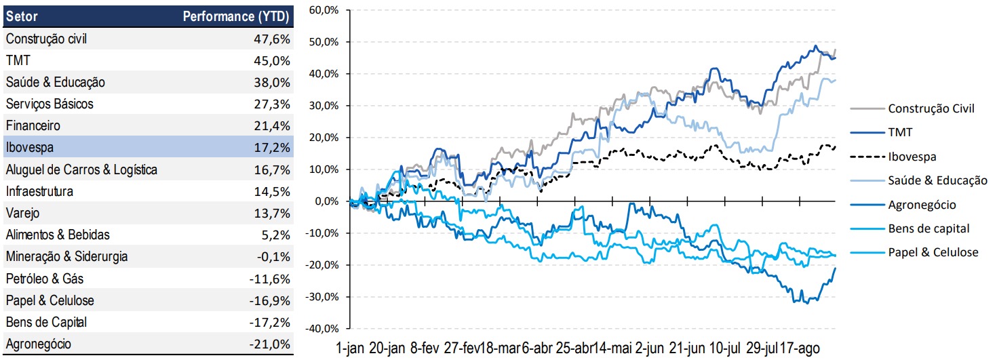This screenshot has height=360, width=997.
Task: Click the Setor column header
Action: [22, 16]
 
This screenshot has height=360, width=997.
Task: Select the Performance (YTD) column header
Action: [237, 16]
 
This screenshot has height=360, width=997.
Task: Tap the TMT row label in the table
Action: [16, 60]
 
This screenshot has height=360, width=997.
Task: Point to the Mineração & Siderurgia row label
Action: [66, 256]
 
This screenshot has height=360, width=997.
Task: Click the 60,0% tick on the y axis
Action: [324, 10]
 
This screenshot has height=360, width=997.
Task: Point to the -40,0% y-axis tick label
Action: [323, 329]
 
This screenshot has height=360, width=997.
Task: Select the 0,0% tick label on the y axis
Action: [327, 201]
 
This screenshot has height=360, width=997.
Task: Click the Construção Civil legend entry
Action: [931, 108]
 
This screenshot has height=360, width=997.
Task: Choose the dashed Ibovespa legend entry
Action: [912, 156]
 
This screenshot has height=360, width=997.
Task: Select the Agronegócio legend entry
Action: [922, 204]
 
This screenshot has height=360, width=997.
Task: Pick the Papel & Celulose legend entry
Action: [933, 252]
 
